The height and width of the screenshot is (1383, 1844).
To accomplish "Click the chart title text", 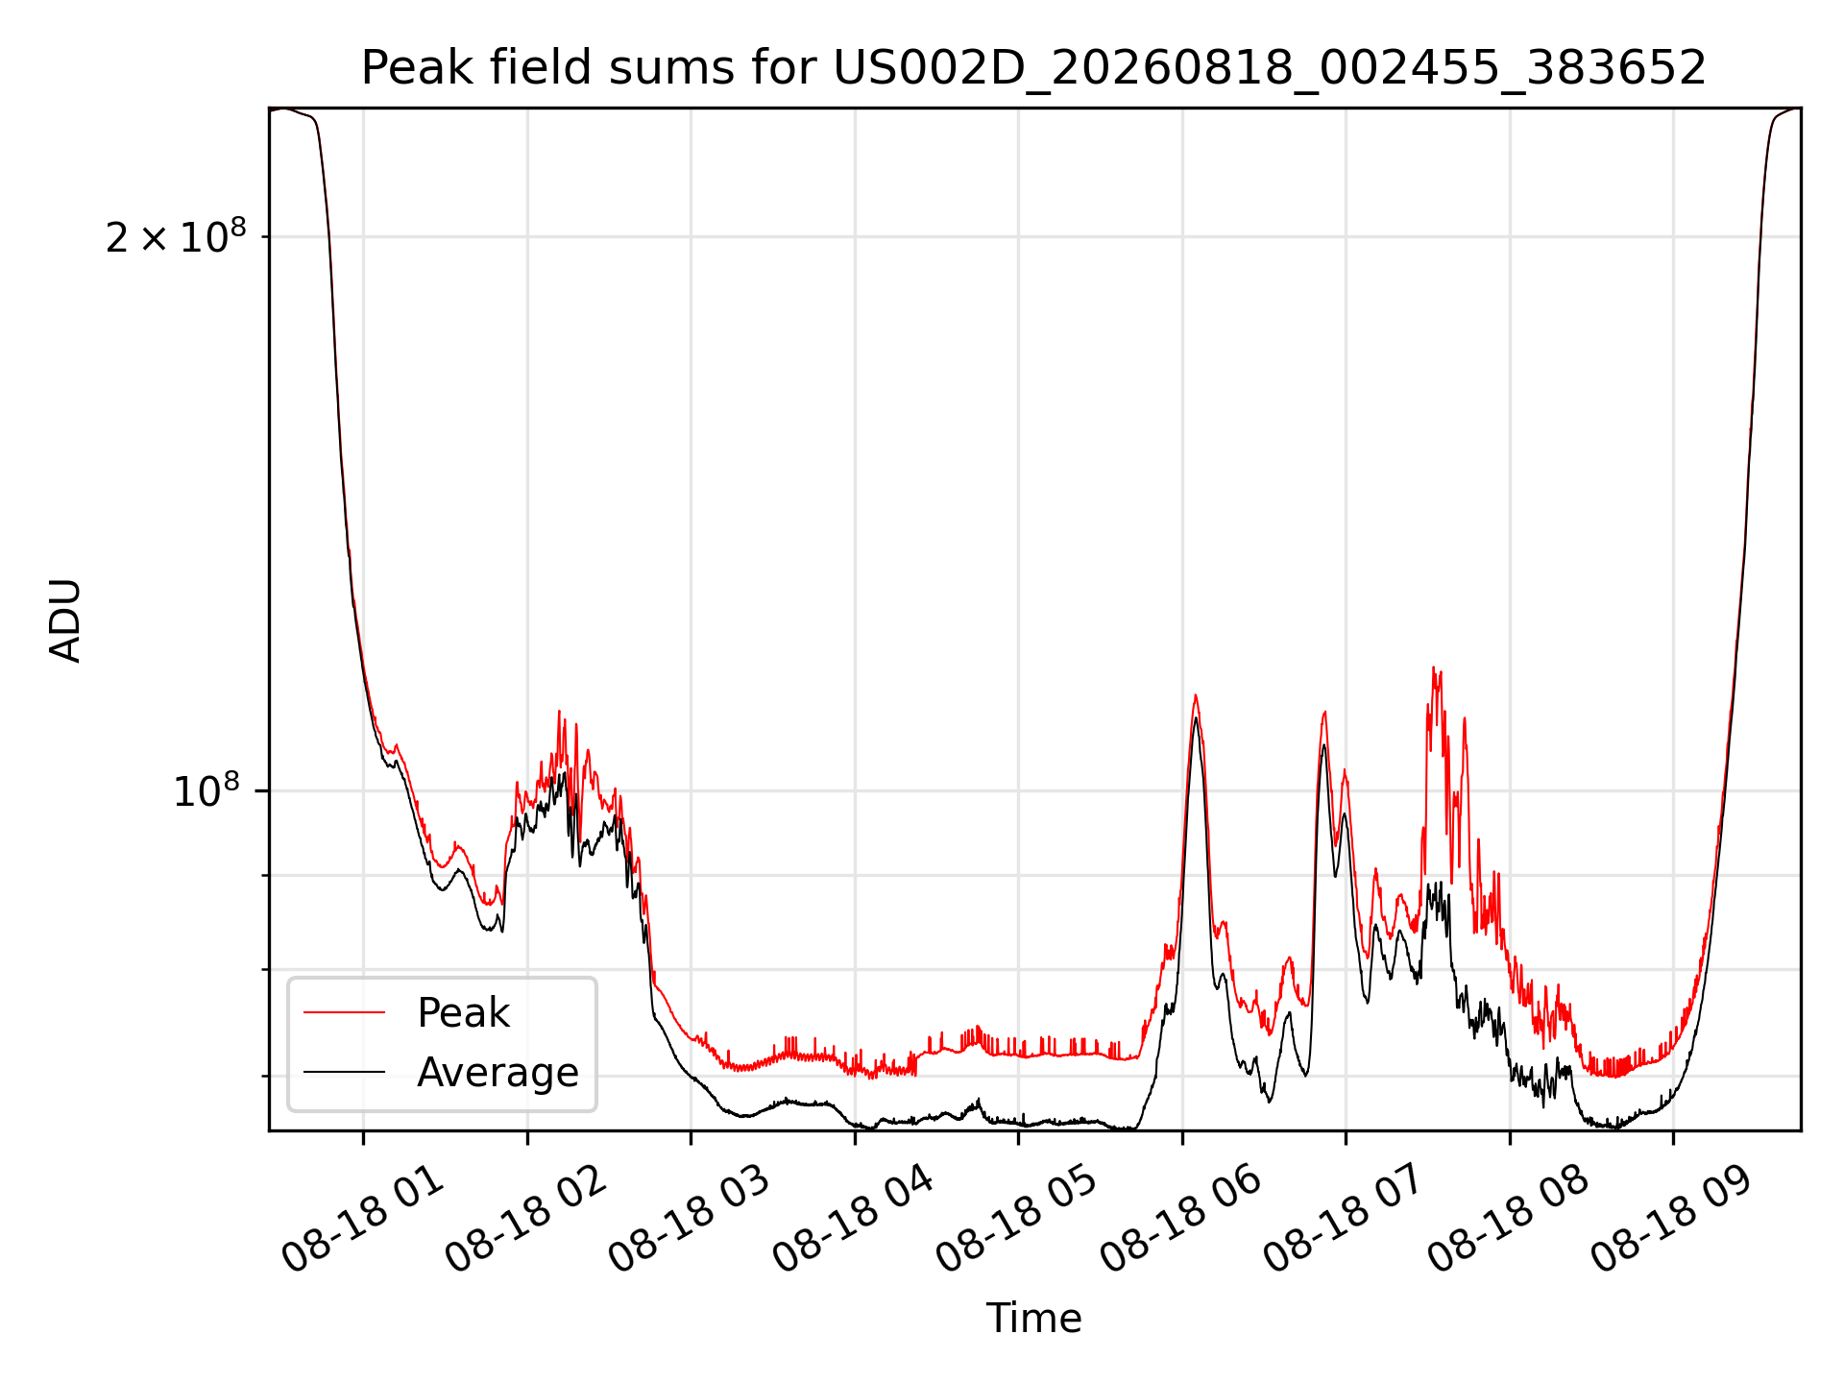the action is pos(1033,68).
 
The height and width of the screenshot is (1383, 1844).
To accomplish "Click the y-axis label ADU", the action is pos(65,620).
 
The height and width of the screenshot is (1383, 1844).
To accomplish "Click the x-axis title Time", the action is pos(1033,1319).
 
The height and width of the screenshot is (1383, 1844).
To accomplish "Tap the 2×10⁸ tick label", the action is pos(176,236).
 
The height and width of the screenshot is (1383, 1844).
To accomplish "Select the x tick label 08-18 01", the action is pos(363,1220).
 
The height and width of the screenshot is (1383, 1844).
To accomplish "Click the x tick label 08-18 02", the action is pos(526,1220).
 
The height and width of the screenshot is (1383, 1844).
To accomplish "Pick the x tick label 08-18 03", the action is pos(690,1220).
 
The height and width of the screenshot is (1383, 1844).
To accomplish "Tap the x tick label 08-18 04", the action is pos(854,1220).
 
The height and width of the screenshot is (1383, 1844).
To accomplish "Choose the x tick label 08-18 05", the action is pos(1017,1220).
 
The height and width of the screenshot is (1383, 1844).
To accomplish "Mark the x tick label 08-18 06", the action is pos(1180,1220).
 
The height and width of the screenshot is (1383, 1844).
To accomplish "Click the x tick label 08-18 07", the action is pos(1345,1220).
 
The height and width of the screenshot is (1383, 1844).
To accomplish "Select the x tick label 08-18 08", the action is pos(1509,1220).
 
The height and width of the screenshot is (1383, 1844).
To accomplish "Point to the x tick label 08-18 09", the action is pos(1673,1220).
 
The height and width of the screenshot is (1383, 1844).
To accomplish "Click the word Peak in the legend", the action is pos(463,1013).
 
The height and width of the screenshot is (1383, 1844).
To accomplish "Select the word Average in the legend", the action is pos(497,1073).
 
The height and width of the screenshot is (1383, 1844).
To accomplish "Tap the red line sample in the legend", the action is pos(344,1012).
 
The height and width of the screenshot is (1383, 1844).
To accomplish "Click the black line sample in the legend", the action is pos(344,1072).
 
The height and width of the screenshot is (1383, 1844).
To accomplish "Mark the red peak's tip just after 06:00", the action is pos(1195,695).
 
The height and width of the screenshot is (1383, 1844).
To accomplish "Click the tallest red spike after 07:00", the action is pos(1433,667).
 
